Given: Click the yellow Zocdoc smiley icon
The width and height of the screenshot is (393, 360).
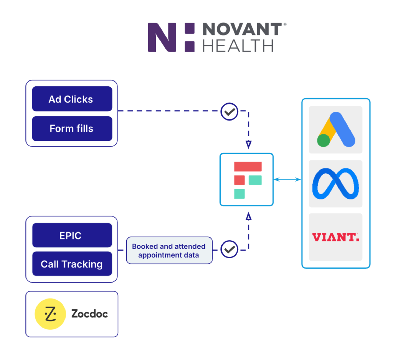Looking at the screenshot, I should tap(50, 314).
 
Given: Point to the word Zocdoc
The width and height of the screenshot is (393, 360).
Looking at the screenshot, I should tap(89, 314).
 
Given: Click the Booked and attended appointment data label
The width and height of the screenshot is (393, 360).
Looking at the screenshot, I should tap(169, 251).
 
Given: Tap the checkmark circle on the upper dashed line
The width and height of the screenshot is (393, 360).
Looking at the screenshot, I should tap(230, 112).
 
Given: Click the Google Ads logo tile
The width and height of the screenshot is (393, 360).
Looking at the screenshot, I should tap(335, 130).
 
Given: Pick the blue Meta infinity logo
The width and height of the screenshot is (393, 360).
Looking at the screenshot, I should tap(335, 184).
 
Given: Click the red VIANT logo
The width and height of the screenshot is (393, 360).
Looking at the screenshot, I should tap(335, 237).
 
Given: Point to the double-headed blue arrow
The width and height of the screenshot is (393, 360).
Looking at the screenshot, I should tap(287, 179).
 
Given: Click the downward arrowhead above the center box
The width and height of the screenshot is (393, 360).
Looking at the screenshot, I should tap(248, 145).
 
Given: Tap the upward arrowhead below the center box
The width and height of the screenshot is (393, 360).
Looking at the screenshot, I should tap(248, 217).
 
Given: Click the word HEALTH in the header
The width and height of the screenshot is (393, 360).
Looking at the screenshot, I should tap(238, 45).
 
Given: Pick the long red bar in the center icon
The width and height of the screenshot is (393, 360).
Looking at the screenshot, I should tap(248, 167).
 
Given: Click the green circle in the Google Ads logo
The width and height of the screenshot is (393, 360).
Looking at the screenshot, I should tap(324, 140).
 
